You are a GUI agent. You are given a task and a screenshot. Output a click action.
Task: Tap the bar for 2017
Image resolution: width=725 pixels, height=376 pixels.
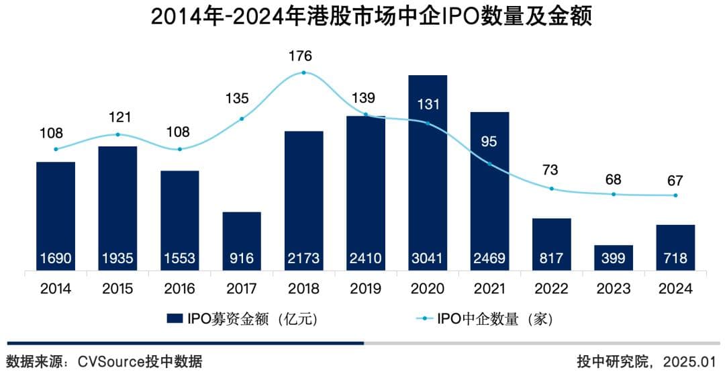pos(242,241)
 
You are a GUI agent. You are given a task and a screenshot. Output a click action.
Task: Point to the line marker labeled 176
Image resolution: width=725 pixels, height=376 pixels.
pos(304,73)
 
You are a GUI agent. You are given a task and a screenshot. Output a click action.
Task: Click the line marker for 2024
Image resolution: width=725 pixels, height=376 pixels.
pos(675,195)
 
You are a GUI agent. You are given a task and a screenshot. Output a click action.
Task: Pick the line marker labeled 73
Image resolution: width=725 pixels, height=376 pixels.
pos(552,189)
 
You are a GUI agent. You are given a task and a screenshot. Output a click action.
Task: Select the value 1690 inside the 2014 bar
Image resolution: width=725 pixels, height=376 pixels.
pos(56,258)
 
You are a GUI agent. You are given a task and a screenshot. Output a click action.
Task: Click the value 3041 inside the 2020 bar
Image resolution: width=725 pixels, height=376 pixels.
pos(428,258)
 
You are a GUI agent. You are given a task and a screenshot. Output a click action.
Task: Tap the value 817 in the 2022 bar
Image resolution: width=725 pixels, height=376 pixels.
pos(552,258)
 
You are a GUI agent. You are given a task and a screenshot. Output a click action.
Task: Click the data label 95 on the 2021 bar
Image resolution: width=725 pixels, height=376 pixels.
pos(489,142)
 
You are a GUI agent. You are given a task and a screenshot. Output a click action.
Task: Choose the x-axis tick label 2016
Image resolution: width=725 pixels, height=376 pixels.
pos(180,289)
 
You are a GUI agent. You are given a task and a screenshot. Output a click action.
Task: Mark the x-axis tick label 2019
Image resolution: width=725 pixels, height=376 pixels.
pos(366,289)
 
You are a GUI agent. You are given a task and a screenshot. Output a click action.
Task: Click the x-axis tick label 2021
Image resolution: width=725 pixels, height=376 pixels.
pos(489,289)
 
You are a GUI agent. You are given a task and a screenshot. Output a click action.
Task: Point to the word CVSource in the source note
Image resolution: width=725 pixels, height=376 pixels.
pos(109,362)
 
